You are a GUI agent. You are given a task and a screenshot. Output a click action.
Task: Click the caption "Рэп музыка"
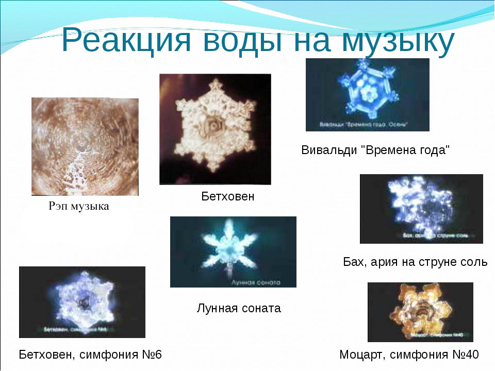(x=78, y=207)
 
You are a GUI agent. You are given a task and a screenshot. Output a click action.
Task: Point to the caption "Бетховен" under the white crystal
(x=227, y=196)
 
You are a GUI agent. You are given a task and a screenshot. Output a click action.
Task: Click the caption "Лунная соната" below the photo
(x=239, y=308)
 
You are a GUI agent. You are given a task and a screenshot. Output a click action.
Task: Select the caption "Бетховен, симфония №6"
(x=90, y=355)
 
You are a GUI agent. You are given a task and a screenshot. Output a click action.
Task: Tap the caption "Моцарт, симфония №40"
(x=409, y=355)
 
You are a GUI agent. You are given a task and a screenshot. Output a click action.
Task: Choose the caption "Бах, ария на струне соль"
(x=415, y=262)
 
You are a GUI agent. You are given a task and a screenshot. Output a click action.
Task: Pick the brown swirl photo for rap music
(x=85, y=147)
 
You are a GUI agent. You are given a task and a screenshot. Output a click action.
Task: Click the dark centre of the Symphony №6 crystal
(x=81, y=303)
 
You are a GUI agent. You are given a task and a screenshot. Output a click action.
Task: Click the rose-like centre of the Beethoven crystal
(x=212, y=125)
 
